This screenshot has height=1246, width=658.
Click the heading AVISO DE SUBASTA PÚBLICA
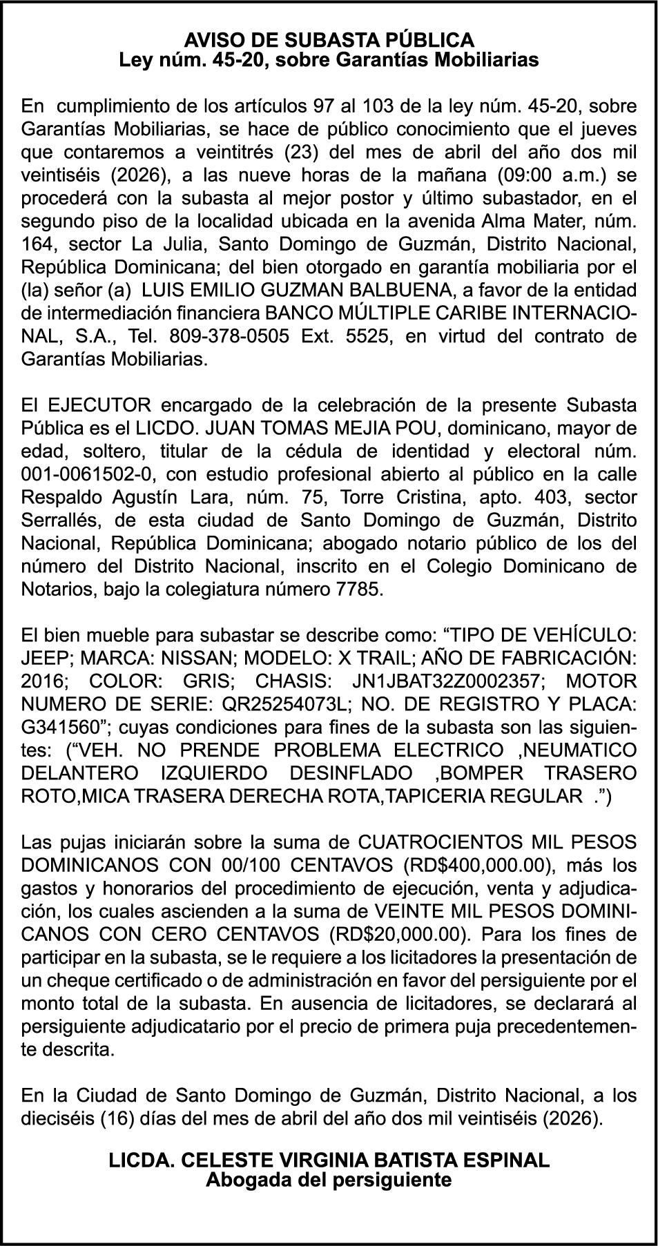tap(329, 39)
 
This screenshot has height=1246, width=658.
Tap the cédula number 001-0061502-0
tap(88, 474)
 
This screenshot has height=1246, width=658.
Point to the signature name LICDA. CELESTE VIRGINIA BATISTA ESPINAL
tap(329, 1160)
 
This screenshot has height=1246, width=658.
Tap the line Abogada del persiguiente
tap(329, 1180)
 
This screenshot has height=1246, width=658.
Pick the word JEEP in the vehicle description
tap(44, 658)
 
